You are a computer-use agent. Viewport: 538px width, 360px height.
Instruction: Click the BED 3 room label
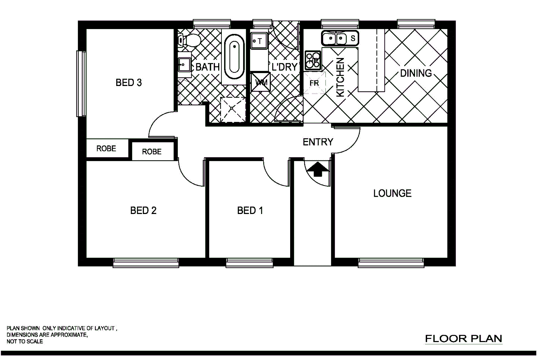pyautogui.click(x=129, y=82)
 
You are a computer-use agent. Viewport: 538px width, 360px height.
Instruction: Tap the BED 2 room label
pyautogui.click(x=143, y=210)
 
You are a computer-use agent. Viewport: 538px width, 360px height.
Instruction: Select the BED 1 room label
pyautogui.click(x=250, y=210)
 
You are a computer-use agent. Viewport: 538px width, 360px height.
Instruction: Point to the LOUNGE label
pyautogui.click(x=392, y=193)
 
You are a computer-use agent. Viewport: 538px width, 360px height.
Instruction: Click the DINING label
pyautogui.click(x=415, y=73)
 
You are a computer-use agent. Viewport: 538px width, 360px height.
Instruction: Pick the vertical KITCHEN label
pyautogui.click(x=340, y=77)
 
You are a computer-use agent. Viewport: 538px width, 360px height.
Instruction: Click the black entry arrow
pyautogui.click(x=318, y=169)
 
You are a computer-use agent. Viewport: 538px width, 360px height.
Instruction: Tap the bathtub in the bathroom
pyautogui.click(x=234, y=57)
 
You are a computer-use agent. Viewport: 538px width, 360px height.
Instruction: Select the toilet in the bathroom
pyautogui.click(x=189, y=40)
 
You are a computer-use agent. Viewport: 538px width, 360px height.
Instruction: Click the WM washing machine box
pyautogui.click(x=261, y=82)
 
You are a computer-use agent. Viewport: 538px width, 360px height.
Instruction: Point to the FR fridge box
pyautogui.click(x=314, y=83)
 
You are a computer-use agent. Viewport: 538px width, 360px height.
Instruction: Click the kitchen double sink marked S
pyautogui.click(x=340, y=38)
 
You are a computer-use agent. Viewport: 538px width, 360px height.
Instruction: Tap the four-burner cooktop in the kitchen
pyautogui.click(x=313, y=60)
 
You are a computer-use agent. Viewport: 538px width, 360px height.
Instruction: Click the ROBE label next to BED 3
pyautogui.click(x=106, y=148)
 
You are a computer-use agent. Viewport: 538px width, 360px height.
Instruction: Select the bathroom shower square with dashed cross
pyautogui.click(x=233, y=109)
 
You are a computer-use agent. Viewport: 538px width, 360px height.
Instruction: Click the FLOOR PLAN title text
pyautogui.click(x=463, y=339)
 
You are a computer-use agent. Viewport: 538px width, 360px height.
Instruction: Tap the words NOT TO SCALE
pyautogui.click(x=25, y=341)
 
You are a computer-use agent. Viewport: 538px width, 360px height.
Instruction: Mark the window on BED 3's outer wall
pyautogui.click(x=81, y=83)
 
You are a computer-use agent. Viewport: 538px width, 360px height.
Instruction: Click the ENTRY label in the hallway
pyautogui.click(x=317, y=142)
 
